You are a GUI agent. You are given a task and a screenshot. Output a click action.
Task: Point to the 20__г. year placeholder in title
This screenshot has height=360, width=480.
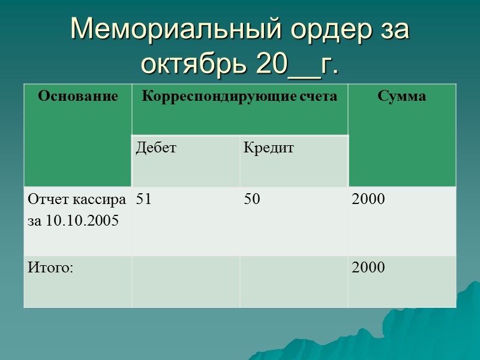[x=297, y=64]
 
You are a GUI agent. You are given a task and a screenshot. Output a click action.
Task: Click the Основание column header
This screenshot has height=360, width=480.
[x=78, y=96]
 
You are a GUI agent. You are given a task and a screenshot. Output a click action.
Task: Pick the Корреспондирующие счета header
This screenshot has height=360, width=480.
[x=240, y=96]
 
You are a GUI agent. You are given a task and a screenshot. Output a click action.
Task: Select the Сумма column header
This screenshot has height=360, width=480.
[x=402, y=96]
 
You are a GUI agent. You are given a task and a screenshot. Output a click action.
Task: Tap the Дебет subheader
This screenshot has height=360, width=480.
[x=156, y=148]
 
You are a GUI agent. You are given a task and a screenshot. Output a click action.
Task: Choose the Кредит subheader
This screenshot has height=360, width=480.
[x=269, y=148]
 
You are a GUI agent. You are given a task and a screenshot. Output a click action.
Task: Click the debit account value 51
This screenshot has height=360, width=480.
[x=143, y=200]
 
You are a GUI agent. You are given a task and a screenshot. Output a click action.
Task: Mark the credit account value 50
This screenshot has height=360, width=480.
[x=252, y=200]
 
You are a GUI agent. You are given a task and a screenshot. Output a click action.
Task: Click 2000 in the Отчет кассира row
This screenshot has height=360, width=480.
[x=368, y=200]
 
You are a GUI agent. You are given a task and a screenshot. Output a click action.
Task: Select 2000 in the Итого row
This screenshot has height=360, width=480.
[x=368, y=268]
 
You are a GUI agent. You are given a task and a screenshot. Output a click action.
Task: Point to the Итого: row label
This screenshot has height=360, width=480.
[x=50, y=268]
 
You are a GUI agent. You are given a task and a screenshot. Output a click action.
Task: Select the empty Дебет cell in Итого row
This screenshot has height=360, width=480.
[x=186, y=281]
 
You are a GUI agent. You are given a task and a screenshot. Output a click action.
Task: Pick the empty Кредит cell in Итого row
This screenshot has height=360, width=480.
[x=294, y=281]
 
